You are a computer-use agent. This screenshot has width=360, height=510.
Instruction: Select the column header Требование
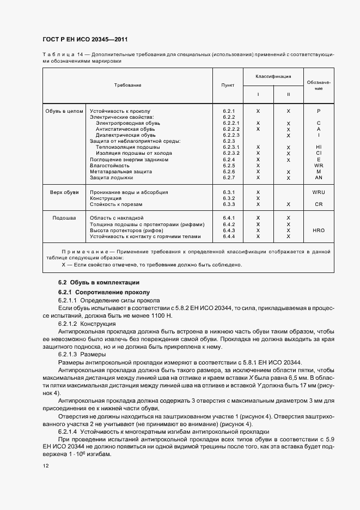127,86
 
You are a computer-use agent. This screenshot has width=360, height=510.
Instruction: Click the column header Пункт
228,86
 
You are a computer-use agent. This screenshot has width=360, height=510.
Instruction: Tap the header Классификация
273,77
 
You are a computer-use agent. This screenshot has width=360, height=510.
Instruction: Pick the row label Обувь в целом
64,111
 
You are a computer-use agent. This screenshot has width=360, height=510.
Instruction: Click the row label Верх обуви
64,192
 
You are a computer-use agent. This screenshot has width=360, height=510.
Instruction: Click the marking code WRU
319,192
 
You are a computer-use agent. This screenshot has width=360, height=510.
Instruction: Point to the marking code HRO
319,230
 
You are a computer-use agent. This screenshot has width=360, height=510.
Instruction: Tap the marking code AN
319,178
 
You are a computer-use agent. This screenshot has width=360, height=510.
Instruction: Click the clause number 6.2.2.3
231,135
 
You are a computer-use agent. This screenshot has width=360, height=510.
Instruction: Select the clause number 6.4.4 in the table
228,236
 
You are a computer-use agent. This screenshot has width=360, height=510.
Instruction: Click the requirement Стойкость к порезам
116,204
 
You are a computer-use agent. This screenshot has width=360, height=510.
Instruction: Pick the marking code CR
319,204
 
